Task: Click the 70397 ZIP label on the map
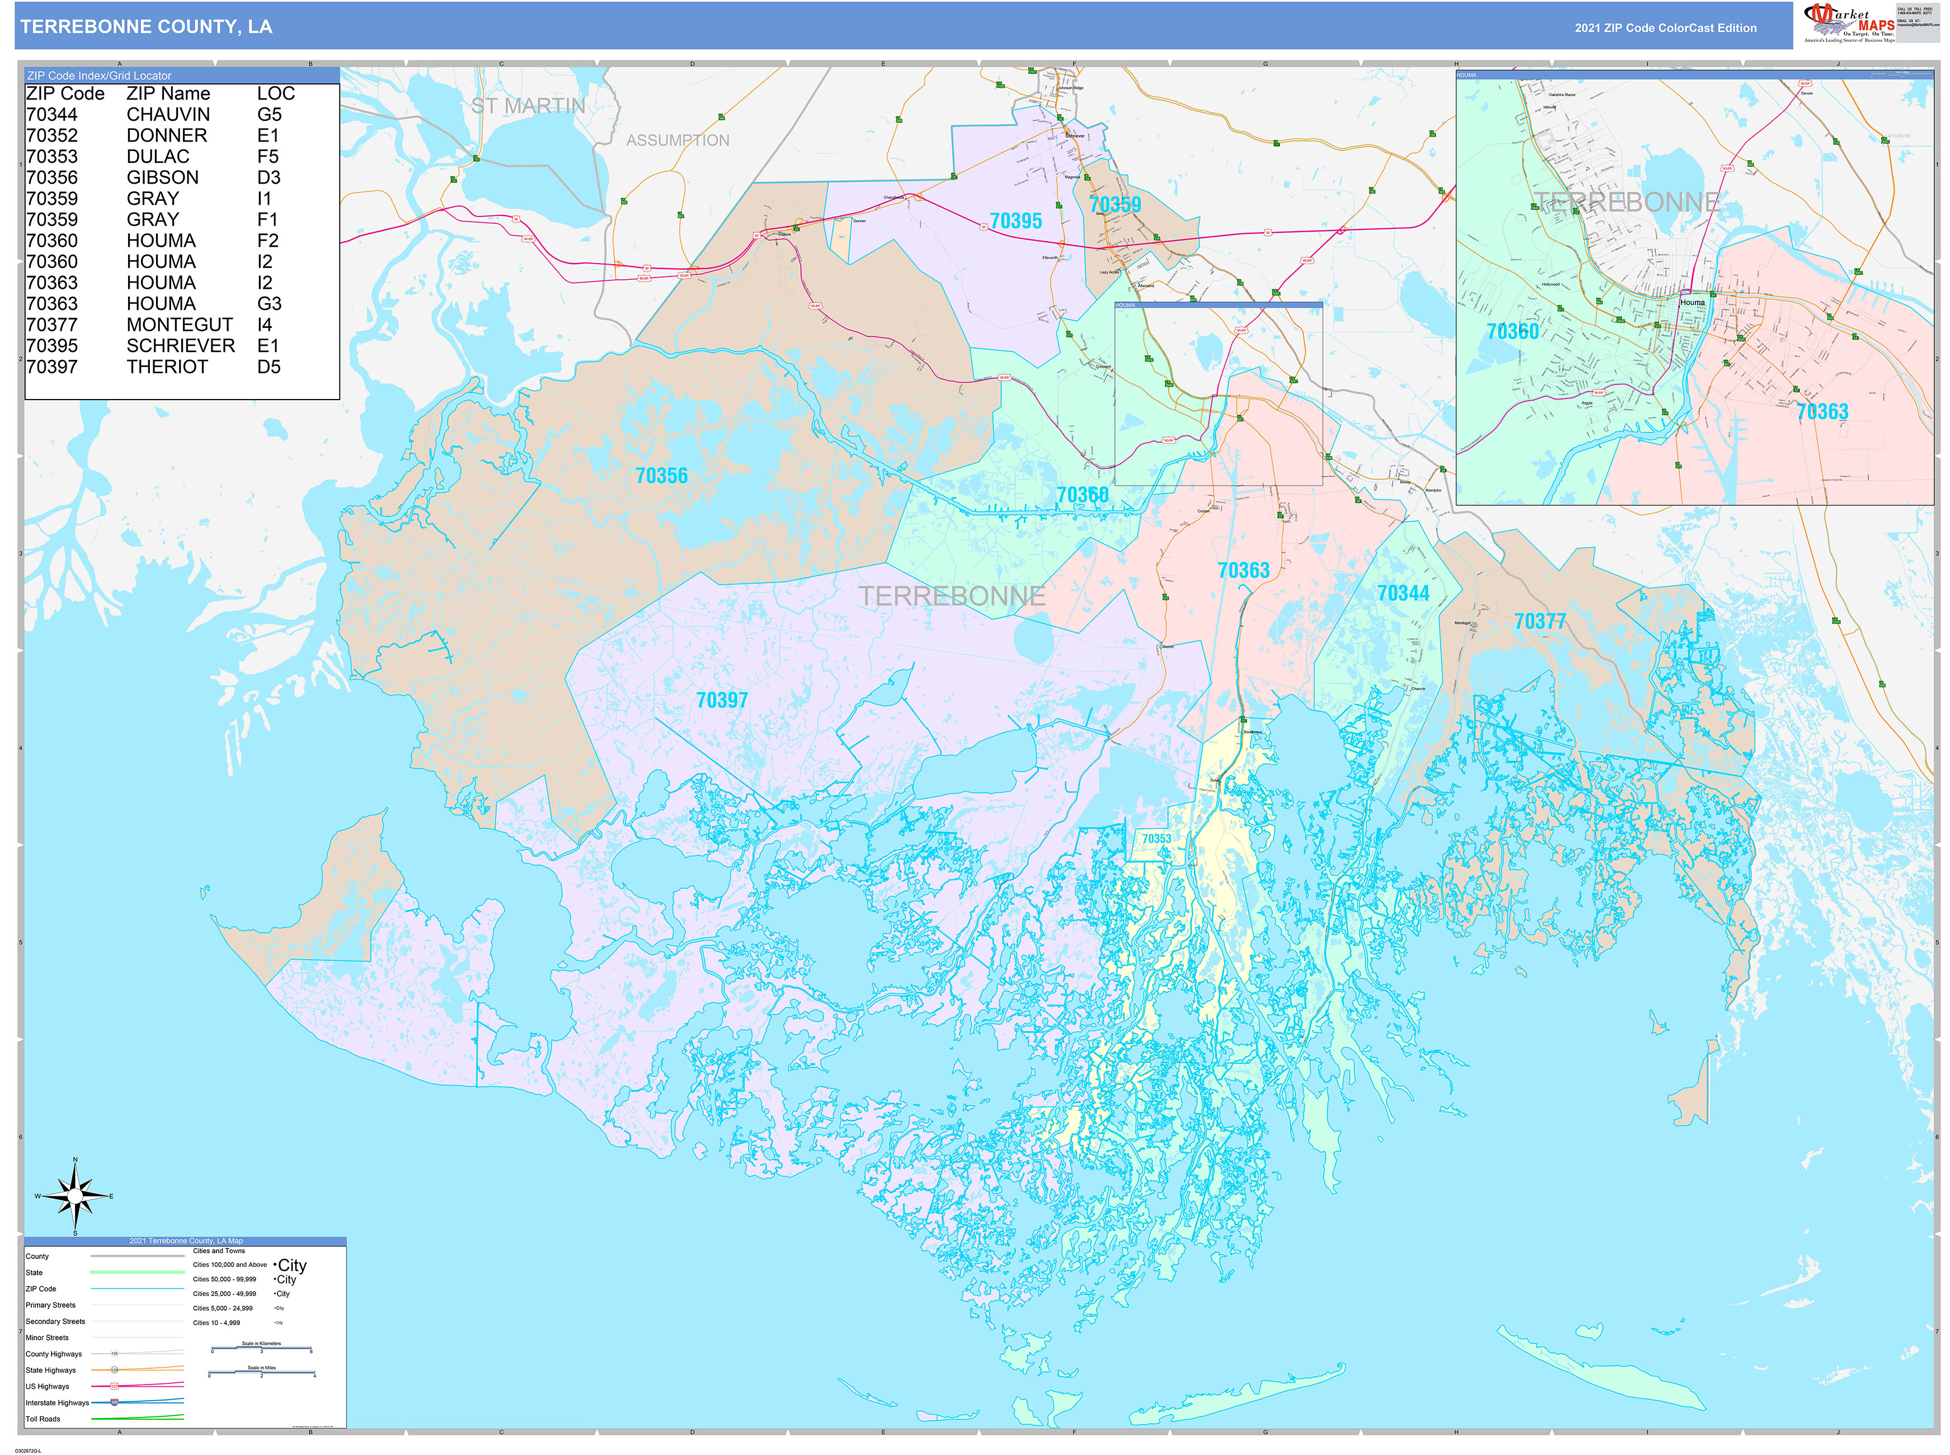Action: [x=722, y=700]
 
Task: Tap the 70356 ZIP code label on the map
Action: [x=661, y=476]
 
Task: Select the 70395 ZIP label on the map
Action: [x=1015, y=221]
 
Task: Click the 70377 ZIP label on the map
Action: [x=1540, y=622]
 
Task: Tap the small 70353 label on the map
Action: [x=1156, y=838]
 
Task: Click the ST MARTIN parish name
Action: [x=527, y=106]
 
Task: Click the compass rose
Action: [x=75, y=1196]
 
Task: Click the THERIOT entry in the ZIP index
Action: [x=167, y=367]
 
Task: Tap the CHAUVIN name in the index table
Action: [x=168, y=115]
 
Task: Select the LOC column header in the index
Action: [x=276, y=93]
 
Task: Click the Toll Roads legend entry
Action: [x=43, y=1419]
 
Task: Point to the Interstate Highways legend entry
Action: [x=57, y=1402]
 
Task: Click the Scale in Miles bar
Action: [x=261, y=1372]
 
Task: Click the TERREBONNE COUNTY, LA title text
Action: [x=146, y=26]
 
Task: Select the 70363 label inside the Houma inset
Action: [x=1821, y=411]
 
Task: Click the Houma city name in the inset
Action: [x=1692, y=302]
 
